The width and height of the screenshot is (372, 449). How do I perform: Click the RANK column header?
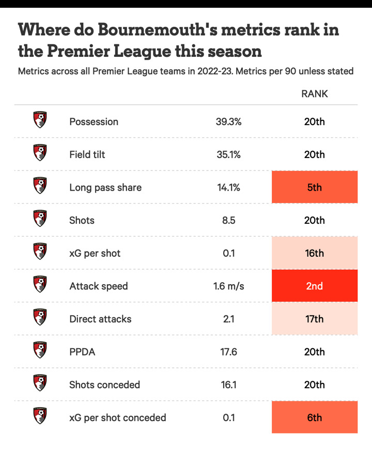pos(314,94)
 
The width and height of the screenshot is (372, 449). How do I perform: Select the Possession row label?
pos(94,122)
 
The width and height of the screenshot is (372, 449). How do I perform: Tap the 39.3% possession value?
pos(228,122)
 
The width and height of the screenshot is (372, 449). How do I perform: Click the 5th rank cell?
pos(314,188)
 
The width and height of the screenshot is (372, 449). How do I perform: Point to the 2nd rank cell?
pos(314,286)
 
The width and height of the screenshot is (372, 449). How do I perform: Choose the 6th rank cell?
pos(314,417)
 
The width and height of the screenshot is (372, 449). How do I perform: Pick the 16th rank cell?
pos(314,253)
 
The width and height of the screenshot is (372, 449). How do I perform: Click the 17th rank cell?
pos(314,319)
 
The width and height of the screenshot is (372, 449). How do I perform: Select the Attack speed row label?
pos(98,286)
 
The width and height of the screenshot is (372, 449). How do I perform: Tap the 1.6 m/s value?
pos(228,286)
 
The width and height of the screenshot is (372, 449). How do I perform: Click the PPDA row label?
pos(82,352)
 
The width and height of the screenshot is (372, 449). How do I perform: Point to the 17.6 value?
pos(228,352)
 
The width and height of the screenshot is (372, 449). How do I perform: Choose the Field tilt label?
pos(87,154)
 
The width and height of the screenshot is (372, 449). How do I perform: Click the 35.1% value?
pos(228,154)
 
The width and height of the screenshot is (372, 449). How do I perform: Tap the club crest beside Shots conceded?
pos(40,383)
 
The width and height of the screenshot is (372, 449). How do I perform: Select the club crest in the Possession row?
pos(40,120)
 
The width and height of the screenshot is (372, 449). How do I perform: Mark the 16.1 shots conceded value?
pos(228,385)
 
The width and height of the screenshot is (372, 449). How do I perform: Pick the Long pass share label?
pos(105,188)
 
